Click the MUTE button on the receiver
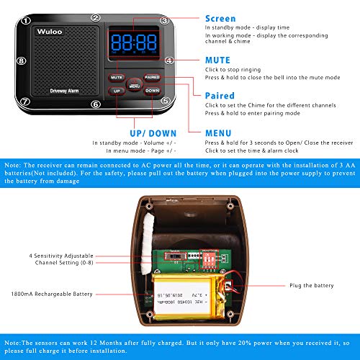click(x=116, y=76)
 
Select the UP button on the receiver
click(x=116, y=91)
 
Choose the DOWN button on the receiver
click(x=152, y=91)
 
